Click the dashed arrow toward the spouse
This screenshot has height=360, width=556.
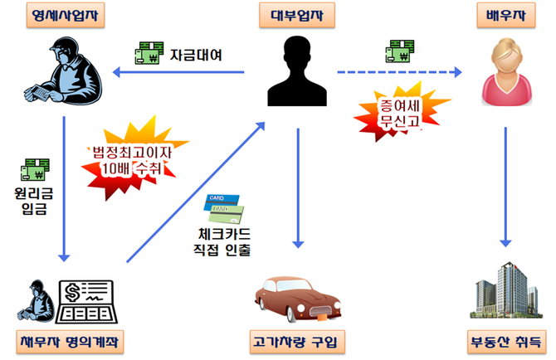[x=398, y=75]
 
